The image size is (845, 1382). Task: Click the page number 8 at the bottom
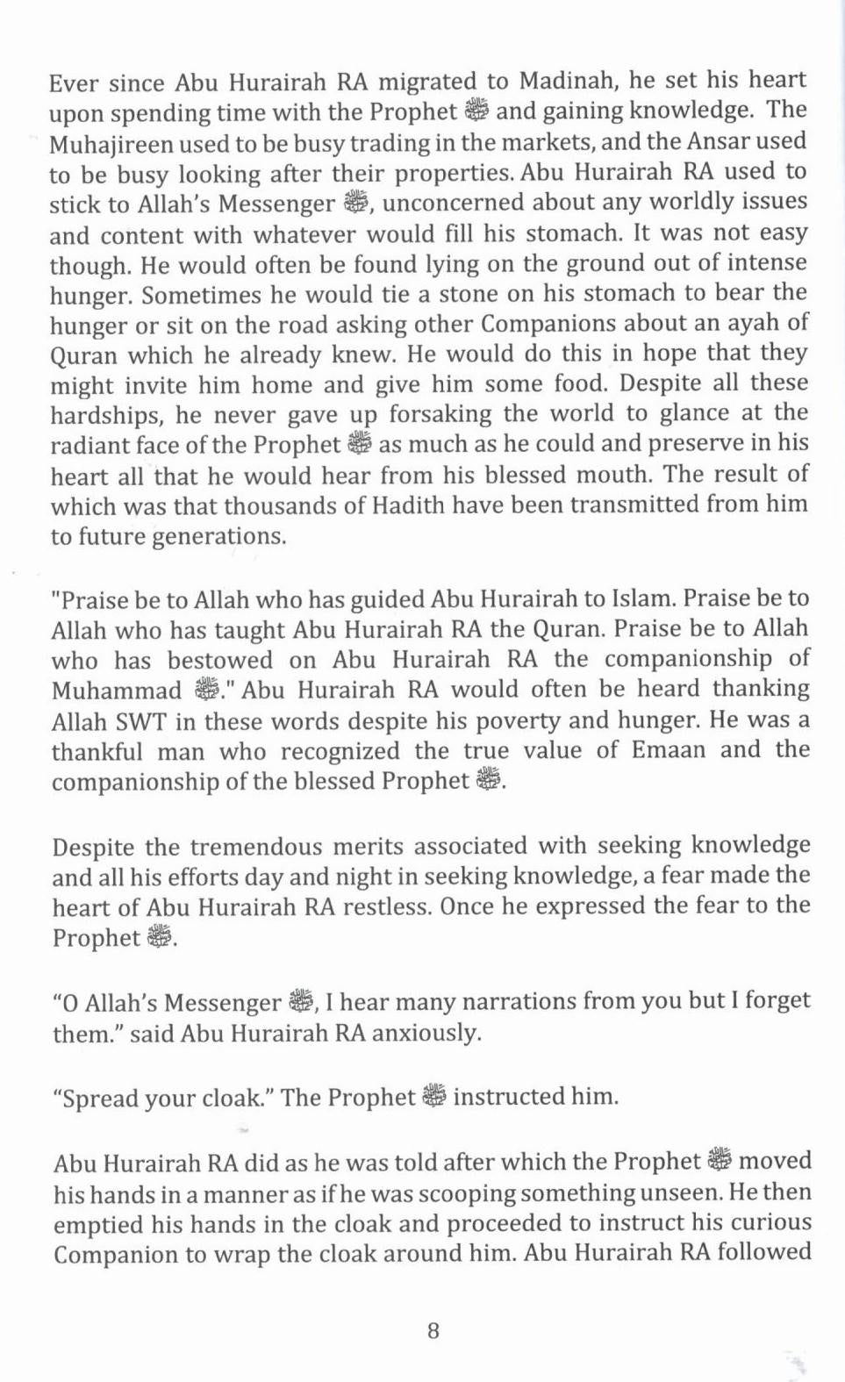433,1331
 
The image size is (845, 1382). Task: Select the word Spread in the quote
100,1099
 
